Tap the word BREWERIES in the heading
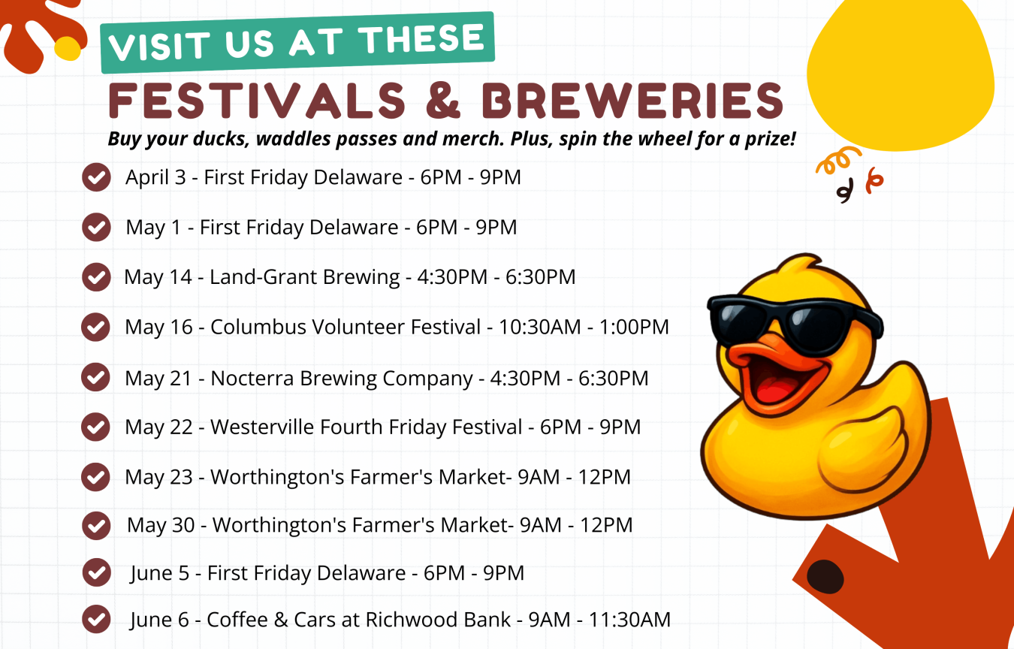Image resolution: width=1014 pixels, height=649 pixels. click(x=632, y=101)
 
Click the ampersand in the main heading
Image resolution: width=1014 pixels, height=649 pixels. click(x=443, y=101)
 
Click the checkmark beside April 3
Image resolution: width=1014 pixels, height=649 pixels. click(x=96, y=177)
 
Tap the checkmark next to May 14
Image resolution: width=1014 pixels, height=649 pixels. click(x=96, y=277)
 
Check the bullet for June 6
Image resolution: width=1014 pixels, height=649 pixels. click(x=96, y=619)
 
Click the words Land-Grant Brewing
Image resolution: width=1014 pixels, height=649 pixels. click(x=305, y=277)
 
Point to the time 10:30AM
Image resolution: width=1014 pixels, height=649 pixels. click(x=539, y=327)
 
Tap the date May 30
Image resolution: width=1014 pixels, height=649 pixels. click(x=161, y=525)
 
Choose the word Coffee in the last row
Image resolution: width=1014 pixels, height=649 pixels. click(x=237, y=620)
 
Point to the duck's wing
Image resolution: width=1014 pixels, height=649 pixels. click(x=862, y=453)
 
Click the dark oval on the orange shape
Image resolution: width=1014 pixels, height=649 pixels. click(x=825, y=577)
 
